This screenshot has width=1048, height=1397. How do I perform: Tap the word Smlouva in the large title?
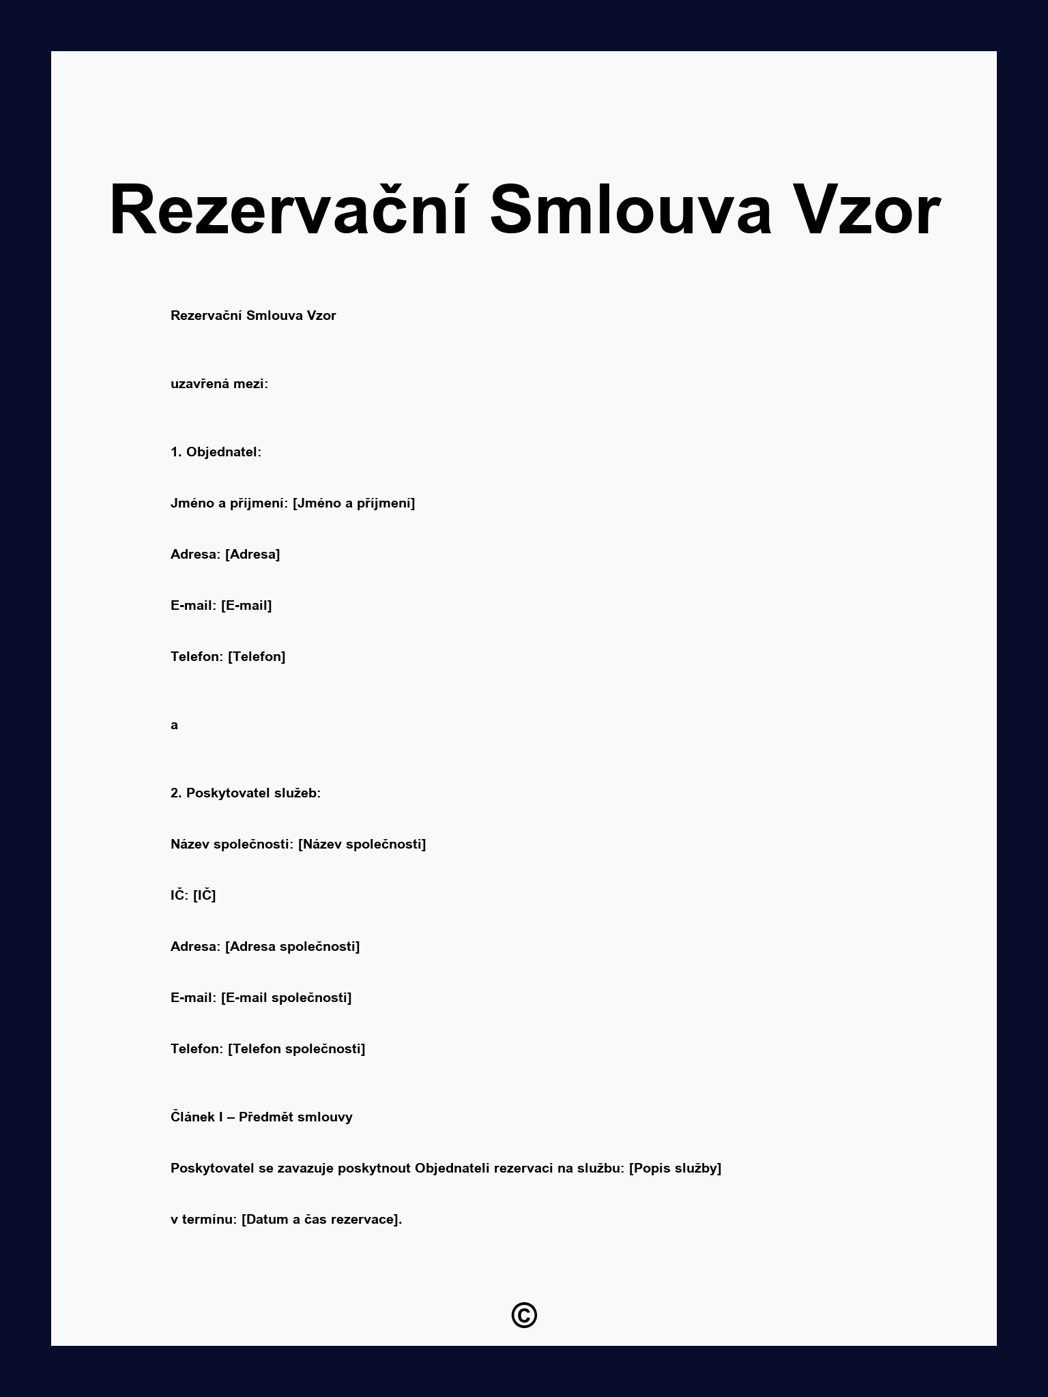point(630,210)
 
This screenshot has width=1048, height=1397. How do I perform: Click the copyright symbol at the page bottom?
point(524,1315)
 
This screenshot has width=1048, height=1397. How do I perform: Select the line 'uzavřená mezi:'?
point(219,384)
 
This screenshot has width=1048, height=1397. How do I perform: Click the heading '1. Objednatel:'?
point(216,452)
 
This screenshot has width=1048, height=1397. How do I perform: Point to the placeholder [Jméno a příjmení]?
point(353,503)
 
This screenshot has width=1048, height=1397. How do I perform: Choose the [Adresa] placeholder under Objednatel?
point(252,555)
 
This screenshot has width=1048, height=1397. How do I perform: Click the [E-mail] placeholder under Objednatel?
point(246,606)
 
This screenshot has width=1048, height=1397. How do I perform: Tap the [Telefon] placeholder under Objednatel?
point(257,657)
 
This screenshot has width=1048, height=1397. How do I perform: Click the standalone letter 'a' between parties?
point(175,725)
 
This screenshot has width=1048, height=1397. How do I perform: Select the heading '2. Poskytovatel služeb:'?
point(246,793)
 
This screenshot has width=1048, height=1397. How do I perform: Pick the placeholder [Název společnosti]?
point(362,844)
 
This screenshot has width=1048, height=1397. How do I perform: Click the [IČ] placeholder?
point(204,896)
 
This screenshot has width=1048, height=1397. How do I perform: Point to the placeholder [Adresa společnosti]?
point(292,947)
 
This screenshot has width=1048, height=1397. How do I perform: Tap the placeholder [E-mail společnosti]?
point(286,998)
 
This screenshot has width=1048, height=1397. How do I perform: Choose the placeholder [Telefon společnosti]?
point(296,1049)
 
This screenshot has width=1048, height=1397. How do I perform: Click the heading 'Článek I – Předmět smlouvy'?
point(261,1117)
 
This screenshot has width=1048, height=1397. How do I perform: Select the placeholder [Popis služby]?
point(675,1168)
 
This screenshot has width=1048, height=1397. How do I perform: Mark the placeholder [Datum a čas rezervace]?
point(321,1220)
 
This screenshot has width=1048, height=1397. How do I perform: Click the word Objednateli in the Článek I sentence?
point(452,1168)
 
